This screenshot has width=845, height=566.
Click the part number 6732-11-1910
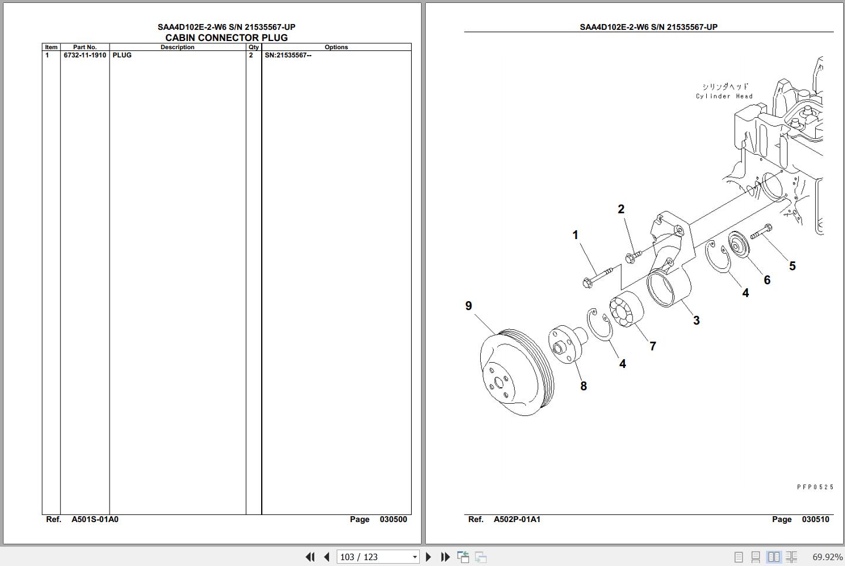85,55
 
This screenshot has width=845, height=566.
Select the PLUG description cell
122,55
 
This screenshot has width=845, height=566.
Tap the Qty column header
254,47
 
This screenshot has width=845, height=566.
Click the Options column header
336,47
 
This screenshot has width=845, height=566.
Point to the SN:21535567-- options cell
288,55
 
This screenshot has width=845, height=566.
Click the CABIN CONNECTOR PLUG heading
227,37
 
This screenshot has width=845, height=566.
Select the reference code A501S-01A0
95,519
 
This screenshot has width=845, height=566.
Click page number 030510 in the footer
815,519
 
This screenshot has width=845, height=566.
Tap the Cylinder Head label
724,96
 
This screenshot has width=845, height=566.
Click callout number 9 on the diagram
468,306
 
